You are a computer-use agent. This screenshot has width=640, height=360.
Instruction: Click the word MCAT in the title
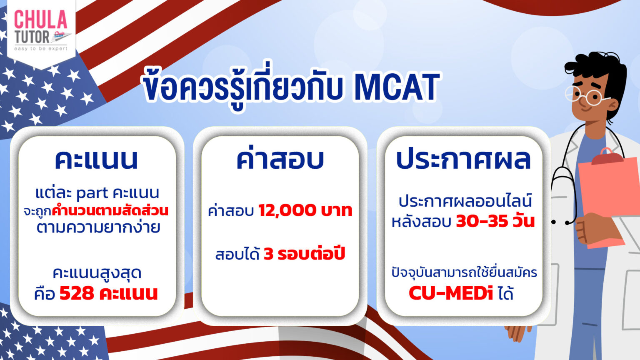click(x=397, y=87)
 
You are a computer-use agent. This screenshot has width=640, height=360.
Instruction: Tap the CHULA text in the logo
click(x=40, y=20)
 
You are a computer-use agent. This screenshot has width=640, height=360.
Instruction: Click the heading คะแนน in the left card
click(x=96, y=159)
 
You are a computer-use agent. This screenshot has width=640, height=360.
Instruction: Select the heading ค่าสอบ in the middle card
click(x=280, y=159)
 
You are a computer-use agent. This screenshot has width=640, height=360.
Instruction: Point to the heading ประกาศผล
click(x=463, y=159)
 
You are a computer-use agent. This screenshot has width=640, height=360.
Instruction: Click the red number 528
click(x=77, y=293)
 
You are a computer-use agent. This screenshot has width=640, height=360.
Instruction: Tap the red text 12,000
click(x=287, y=210)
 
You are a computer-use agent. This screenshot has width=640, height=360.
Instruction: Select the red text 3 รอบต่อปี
click(x=304, y=254)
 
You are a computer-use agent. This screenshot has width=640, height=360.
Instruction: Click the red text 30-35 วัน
click(x=495, y=221)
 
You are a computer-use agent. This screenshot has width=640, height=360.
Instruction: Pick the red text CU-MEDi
click(x=451, y=293)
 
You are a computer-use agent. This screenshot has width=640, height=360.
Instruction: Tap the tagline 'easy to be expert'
click(x=40, y=49)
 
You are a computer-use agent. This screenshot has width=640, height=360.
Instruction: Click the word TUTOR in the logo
click(x=32, y=37)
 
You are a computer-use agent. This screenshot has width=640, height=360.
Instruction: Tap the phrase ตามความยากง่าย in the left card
click(x=98, y=228)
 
